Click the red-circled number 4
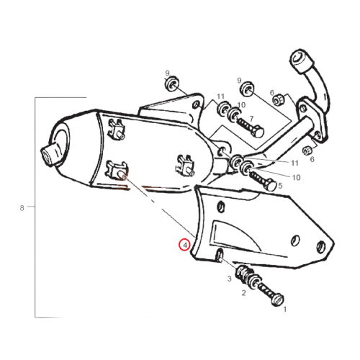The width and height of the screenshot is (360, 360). (x=184, y=245)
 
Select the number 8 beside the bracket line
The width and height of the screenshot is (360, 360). (x=22, y=208)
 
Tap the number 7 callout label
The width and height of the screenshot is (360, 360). (x=251, y=119)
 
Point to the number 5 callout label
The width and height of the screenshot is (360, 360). (x=280, y=186)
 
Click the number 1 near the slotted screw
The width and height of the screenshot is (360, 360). (x=285, y=310)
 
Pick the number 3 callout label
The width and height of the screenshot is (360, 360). (x=230, y=279)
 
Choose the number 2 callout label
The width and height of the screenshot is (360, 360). (x=243, y=293)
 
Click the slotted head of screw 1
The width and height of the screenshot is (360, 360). (x=278, y=300)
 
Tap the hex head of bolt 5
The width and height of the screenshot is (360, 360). (x=271, y=185)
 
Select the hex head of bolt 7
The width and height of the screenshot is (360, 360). (x=258, y=131)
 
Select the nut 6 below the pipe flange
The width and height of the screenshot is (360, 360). (x=307, y=150)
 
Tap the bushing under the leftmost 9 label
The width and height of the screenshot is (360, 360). (x=171, y=84)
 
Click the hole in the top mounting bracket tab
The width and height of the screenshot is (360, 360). (x=196, y=104)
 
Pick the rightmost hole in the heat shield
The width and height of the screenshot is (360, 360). (x=320, y=247)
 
